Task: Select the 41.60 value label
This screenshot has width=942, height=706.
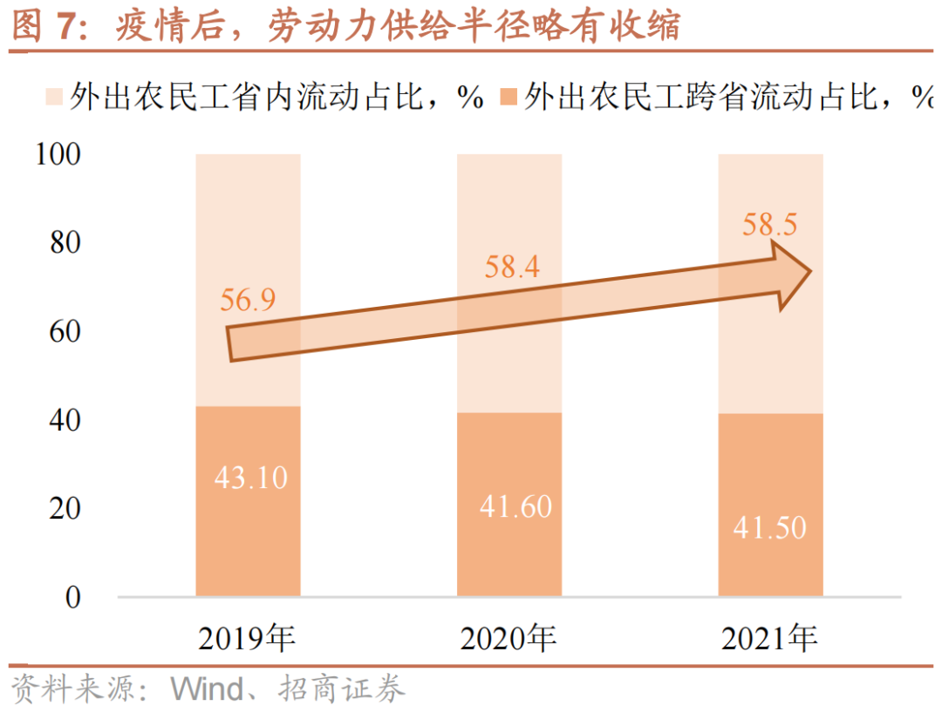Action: click(515, 506)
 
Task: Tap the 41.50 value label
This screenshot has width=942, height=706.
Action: click(770, 527)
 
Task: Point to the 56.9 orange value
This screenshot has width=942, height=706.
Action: click(248, 300)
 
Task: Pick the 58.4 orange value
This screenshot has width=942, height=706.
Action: click(512, 267)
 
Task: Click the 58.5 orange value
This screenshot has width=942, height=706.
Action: click(770, 225)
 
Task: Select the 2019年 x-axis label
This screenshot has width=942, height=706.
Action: click(247, 640)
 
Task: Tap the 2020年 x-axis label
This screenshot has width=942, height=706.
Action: click(509, 640)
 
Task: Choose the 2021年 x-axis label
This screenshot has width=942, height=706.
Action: click(769, 640)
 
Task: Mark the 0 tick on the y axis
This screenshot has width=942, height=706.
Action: click(72, 598)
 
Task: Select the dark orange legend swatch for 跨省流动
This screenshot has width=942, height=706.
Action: click(509, 97)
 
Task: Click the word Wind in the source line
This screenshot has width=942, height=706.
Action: click(208, 689)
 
